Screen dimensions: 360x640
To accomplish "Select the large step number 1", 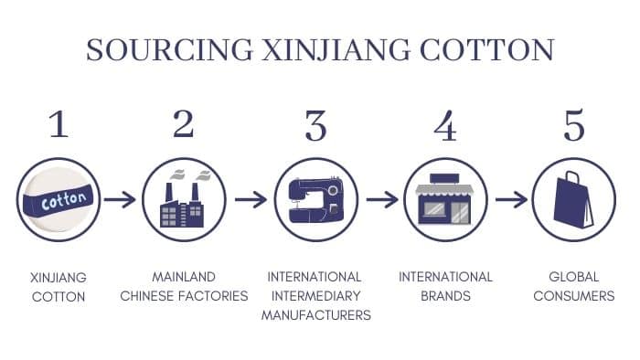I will pos(58,123).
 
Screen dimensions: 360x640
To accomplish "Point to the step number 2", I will pos(184,123).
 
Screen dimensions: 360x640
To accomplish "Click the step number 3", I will pos(315,125).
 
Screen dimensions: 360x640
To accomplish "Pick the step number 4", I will pos(445,125).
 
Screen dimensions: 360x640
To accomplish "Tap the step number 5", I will pos(573,125).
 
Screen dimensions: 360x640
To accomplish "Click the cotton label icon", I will pos(57,199).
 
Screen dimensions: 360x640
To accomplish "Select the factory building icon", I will pos(184,200).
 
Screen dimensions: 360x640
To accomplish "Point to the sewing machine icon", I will pos(315,200).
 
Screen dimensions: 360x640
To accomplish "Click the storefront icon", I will pos(445,200).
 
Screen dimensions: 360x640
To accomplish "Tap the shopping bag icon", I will pos(573,200).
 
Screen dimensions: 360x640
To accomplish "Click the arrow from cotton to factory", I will pos(120,199).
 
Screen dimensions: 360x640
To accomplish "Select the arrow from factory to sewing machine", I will pos(250,199).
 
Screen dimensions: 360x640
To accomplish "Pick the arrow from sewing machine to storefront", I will pos(381,199).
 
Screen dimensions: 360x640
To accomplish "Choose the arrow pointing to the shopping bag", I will pos(511,199).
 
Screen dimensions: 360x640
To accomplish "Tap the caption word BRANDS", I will pos(445,296).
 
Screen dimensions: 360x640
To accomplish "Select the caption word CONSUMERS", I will pos(573,296).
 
